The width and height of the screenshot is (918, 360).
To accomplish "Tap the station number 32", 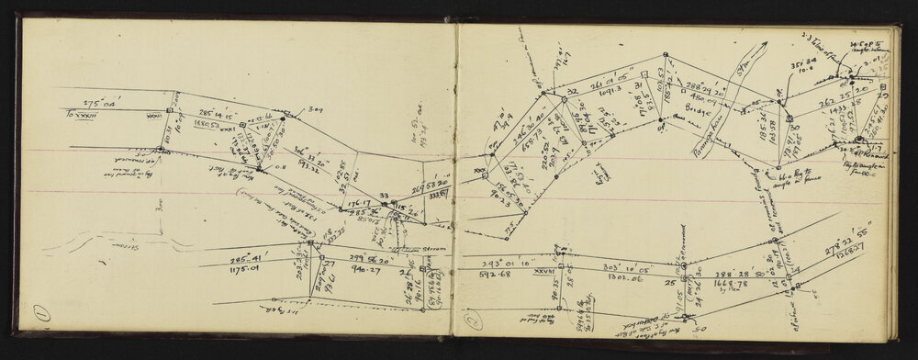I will (571, 92).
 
